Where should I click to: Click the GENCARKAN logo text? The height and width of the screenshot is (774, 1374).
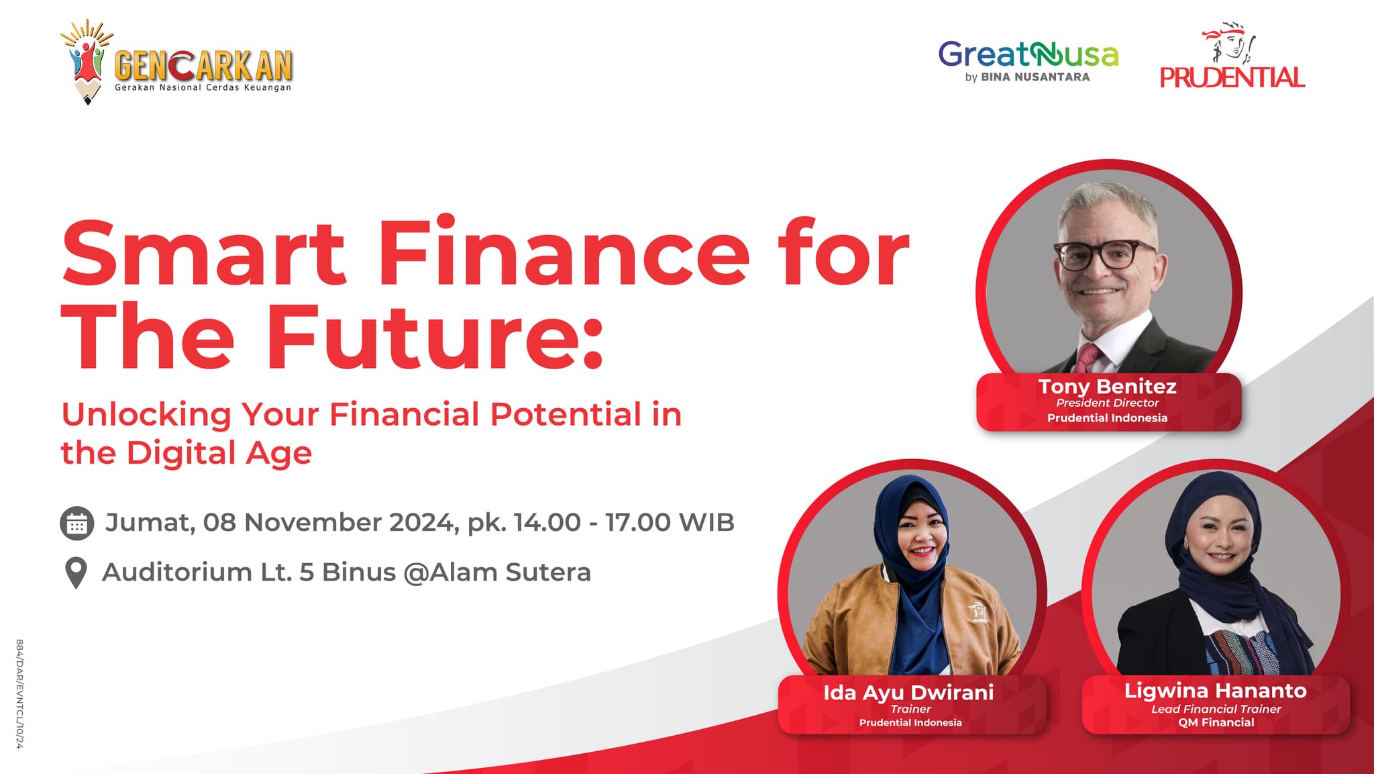pyautogui.click(x=203, y=66)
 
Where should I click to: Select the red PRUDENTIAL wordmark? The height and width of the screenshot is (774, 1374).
pyautogui.click(x=1232, y=77)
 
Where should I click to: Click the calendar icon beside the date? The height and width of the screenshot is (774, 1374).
pyautogui.click(x=76, y=523)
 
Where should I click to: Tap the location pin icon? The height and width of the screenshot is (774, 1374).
pyautogui.click(x=76, y=573)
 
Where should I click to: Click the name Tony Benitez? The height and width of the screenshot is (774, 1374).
pyautogui.click(x=1107, y=386)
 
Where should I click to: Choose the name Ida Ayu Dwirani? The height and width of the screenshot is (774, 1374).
pyautogui.click(x=908, y=692)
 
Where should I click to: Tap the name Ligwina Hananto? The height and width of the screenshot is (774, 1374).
pyautogui.click(x=1215, y=690)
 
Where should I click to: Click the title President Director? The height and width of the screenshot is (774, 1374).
pyautogui.click(x=1107, y=403)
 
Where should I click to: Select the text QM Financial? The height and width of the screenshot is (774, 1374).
pyautogui.click(x=1216, y=722)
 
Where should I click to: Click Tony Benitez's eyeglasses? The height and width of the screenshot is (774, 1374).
pyautogui.click(x=1106, y=254)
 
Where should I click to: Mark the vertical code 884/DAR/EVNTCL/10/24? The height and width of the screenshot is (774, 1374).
pyautogui.click(x=19, y=693)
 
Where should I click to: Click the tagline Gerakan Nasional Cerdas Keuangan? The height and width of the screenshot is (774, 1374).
pyautogui.click(x=203, y=87)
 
